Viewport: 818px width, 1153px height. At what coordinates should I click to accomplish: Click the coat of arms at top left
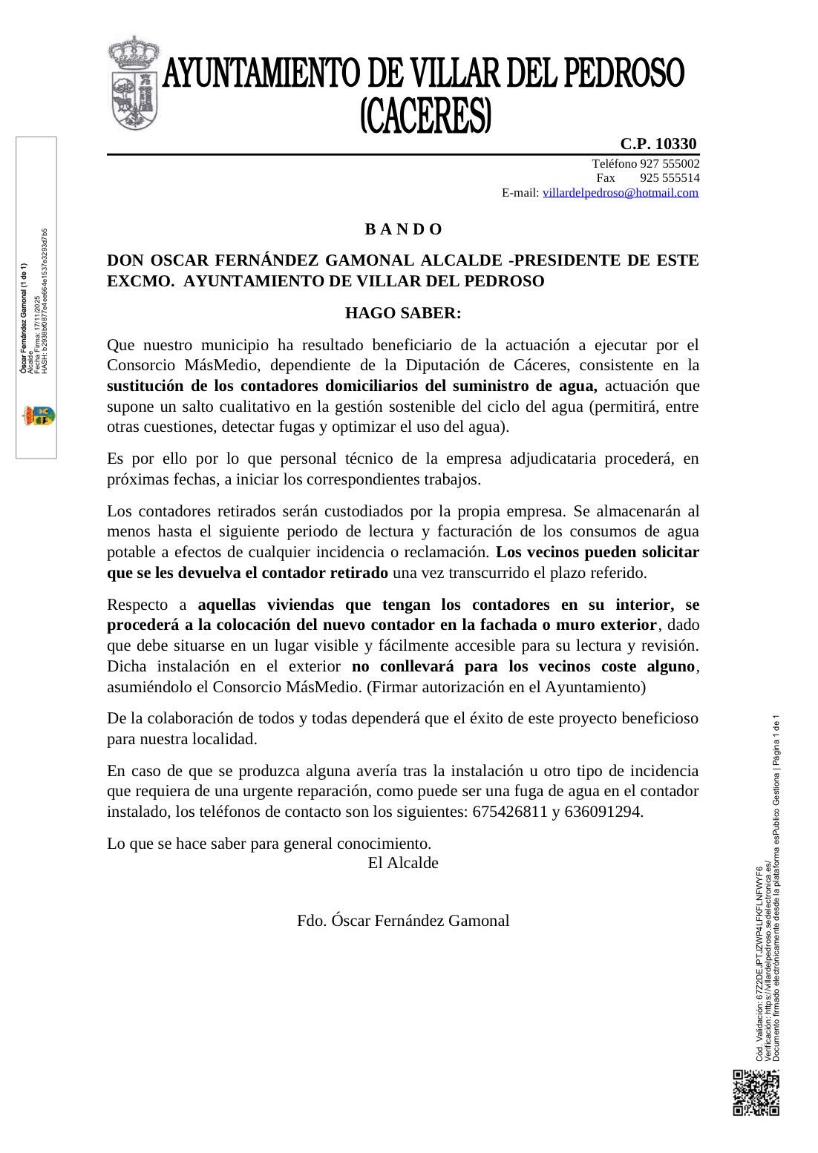(134, 83)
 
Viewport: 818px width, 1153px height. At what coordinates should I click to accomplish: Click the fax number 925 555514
(670, 178)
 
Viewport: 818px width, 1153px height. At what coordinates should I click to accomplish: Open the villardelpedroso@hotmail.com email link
(621, 193)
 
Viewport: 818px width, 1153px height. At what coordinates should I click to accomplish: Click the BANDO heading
(403, 229)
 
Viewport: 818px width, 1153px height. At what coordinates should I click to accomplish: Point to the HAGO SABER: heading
(403, 313)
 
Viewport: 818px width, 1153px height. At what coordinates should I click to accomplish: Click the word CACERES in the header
(425, 117)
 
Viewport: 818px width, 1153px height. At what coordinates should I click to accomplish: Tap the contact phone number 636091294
(603, 812)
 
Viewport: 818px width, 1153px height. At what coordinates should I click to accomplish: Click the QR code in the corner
(756, 1092)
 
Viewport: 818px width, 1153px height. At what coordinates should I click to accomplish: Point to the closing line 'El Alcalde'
(403, 863)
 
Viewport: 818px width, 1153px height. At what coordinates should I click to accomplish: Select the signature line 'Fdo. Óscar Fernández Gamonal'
(403, 921)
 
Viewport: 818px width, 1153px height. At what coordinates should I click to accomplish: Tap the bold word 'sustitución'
(145, 386)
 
